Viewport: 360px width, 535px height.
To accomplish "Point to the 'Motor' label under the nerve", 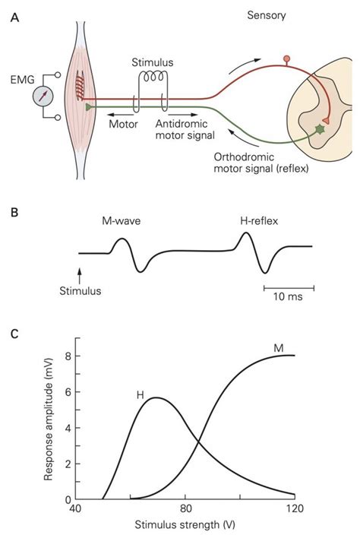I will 124,123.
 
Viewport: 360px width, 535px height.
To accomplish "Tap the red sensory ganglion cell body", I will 286,59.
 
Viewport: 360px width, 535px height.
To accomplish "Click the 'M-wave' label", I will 122,220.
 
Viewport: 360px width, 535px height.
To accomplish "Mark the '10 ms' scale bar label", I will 288,296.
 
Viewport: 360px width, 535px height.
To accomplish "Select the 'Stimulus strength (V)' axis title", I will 185,524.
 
